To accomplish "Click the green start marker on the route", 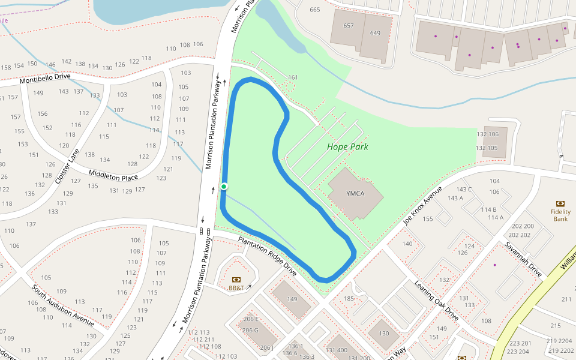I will [x=224, y=187].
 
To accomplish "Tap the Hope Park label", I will [x=347, y=146].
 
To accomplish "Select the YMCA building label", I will [x=355, y=193].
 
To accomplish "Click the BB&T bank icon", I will [x=236, y=280].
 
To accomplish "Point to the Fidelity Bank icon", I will [x=560, y=203].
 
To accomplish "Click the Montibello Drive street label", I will [x=45, y=78].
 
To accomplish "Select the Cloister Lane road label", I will [x=67, y=166].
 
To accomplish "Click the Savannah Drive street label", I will [x=523, y=259].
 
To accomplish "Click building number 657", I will [x=349, y=26].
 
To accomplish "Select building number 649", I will [x=375, y=33].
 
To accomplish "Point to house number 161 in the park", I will [x=293, y=77].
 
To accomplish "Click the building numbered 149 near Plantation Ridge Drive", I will [x=292, y=299].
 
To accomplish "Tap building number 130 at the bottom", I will [x=384, y=334].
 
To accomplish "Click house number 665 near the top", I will [x=315, y=10].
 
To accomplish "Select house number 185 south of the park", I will [x=349, y=298].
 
